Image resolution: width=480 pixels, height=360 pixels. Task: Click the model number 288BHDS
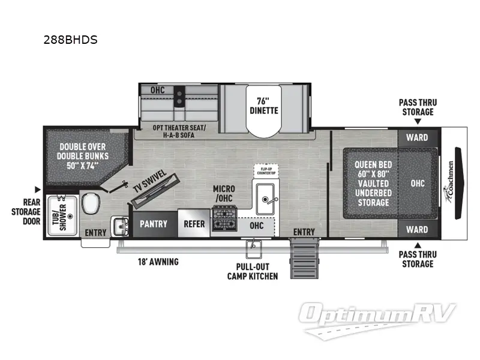71,41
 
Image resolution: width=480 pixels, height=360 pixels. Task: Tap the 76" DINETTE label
263,106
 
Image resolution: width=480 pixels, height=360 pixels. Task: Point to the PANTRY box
154,224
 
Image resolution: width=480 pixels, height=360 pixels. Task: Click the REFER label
193,224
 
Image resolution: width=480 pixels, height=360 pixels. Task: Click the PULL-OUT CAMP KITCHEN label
252,271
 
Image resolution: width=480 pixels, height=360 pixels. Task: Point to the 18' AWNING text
158,262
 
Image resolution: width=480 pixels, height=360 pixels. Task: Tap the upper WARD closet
416,137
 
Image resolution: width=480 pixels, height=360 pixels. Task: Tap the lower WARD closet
416,229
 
